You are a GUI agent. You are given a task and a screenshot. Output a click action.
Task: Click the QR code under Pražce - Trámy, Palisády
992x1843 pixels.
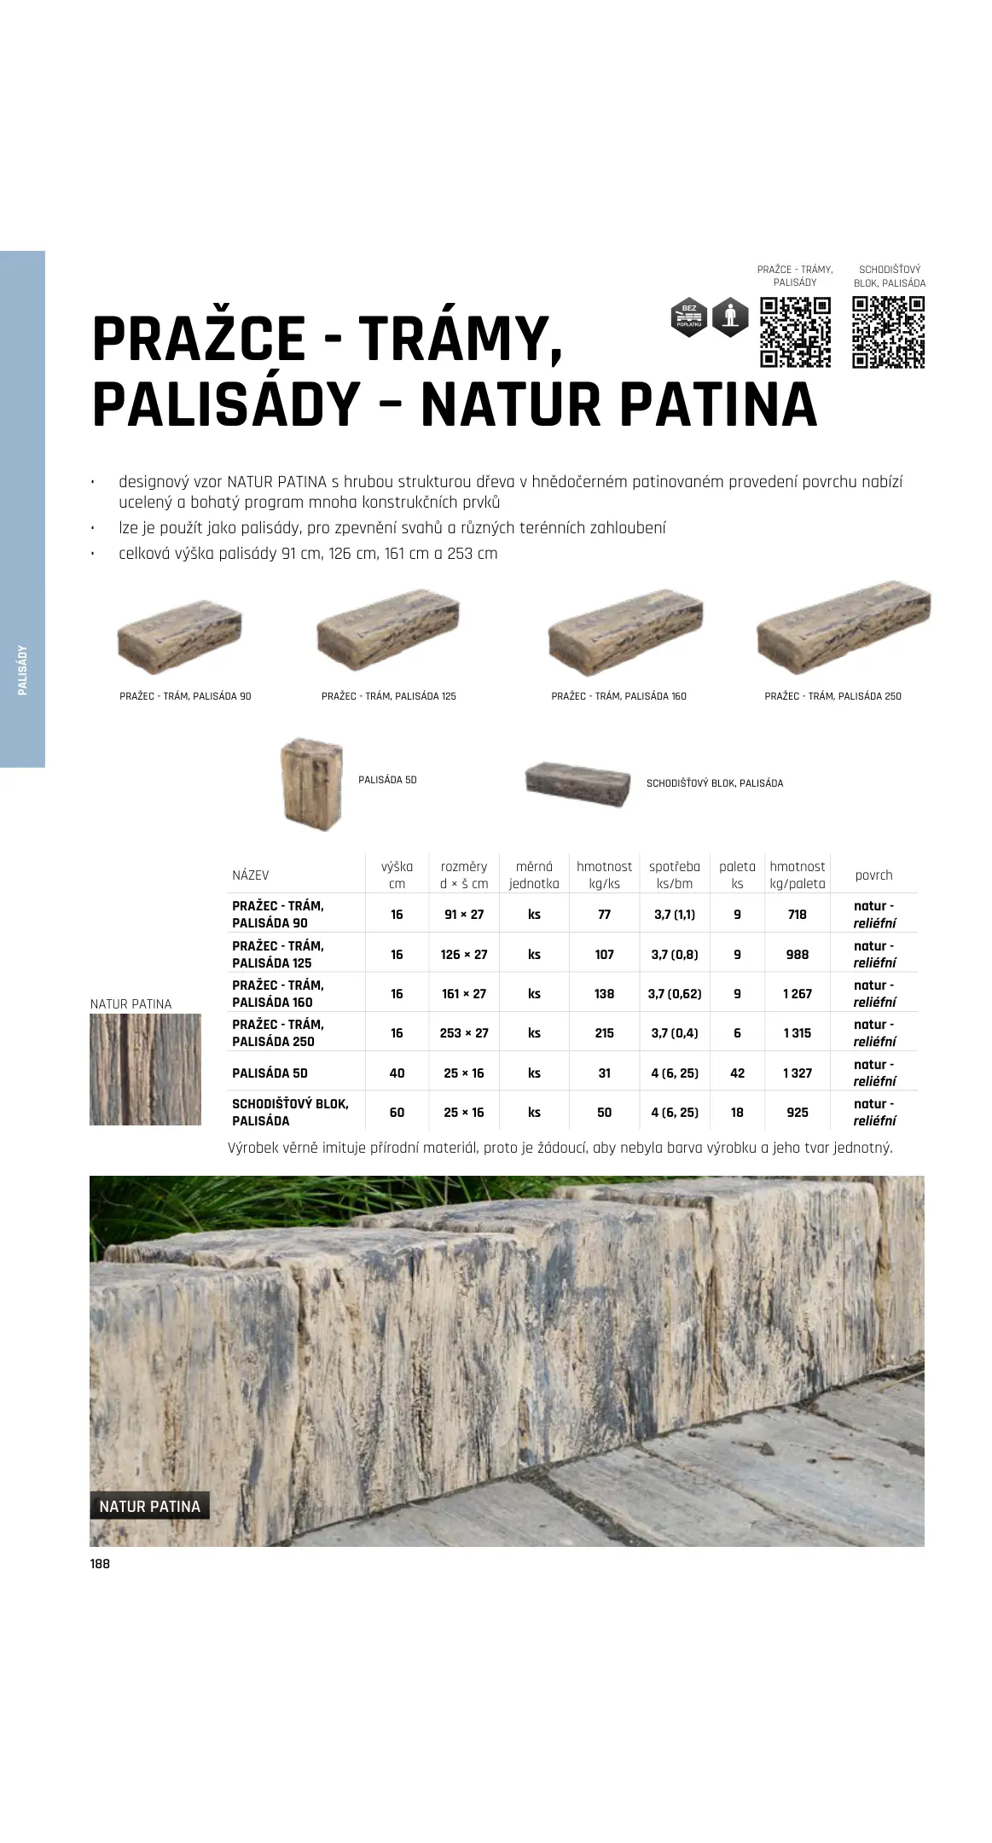pyautogui.click(x=795, y=332)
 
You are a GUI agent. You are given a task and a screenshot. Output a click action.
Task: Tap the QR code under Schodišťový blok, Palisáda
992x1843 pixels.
pyautogui.click(x=888, y=332)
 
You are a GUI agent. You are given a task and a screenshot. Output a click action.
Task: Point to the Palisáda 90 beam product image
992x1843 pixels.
pyautogui.click(x=180, y=635)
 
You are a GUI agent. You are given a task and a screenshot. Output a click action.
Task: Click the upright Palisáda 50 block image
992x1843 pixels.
pyautogui.click(x=312, y=782)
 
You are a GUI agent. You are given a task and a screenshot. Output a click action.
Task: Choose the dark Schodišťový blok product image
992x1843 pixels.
pyautogui.click(x=579, y=783)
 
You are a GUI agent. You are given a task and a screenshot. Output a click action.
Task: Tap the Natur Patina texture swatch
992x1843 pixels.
pyautogui.click(x=146, y=1069)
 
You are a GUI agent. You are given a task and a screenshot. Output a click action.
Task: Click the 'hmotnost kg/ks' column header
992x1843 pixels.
pyautogui.click(x=604, y=875)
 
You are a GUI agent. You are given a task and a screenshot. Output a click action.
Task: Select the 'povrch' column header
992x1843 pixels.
pyautogui.click(x=873, y=875)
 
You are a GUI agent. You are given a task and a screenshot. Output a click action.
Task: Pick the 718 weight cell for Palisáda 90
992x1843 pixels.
pyautogui.click(x=797, y=915)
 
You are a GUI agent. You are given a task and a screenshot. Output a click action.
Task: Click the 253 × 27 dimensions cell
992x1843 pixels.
pyautogui.click(x=464, y=1033)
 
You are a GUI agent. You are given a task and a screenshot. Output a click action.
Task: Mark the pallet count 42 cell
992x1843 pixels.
pyautogui.click(x=737, y=1073)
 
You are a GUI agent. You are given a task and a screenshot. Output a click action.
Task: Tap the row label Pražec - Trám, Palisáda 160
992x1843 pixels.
pyautogui.click(x=277, y=994)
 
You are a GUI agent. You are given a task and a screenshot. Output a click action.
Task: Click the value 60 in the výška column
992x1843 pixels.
pyautogui.click(x=397, y=1113)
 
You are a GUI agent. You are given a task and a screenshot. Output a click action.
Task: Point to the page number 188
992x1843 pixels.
pyautogui.click(x=100, y=1564)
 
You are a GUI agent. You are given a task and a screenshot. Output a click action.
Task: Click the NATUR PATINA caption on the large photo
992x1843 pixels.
pyautogui.click(x=149, y=1507)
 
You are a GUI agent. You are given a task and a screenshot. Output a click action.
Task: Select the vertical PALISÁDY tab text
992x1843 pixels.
pyautogui.click(x=23, y=670)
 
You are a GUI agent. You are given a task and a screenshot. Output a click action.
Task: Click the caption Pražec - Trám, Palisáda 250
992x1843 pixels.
pyautogui.click(x=832, y=696)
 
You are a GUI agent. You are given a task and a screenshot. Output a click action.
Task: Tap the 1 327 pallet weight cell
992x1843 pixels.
pyautogui.click(x=797, y=1073)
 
